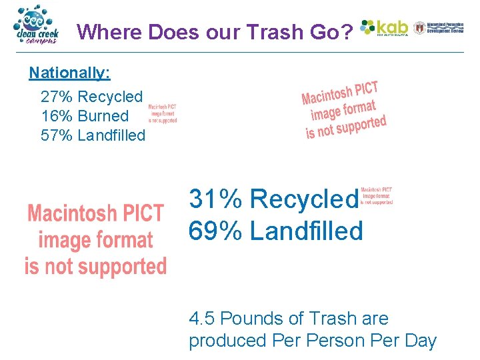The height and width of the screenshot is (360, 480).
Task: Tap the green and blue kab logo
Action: (384, 27)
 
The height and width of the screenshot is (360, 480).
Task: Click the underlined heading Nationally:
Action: (69, 72)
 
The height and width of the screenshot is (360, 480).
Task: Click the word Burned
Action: (103, 116)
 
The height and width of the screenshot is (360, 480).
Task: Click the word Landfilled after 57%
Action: (111, 135)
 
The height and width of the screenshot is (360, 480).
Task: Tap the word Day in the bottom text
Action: (421, 340)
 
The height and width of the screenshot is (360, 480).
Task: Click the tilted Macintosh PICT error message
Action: (343, 110)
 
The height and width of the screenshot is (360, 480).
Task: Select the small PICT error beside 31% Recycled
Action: (377, 195)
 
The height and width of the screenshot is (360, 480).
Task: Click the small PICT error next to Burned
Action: (162, 113)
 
